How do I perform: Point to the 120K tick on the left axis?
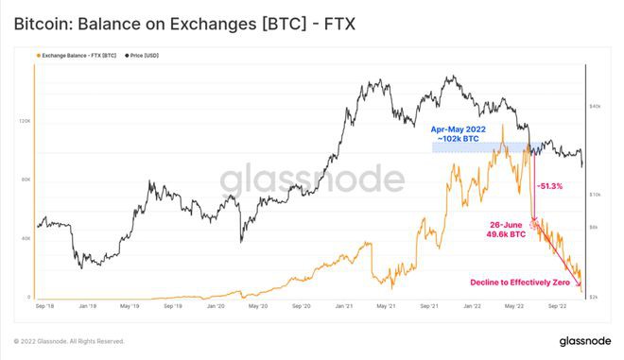point(24,121)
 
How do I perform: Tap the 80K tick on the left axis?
point(26,180)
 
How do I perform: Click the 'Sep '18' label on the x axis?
point(44,306)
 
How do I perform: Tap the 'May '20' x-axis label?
point(258,306)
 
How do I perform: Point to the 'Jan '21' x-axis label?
point(343,306)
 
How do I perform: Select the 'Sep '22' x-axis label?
point(557,306)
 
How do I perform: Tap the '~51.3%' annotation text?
point(549,186)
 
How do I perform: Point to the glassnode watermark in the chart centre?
point(311,180)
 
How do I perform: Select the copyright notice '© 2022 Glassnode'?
point(68,341)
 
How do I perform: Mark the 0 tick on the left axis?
point(28,297)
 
